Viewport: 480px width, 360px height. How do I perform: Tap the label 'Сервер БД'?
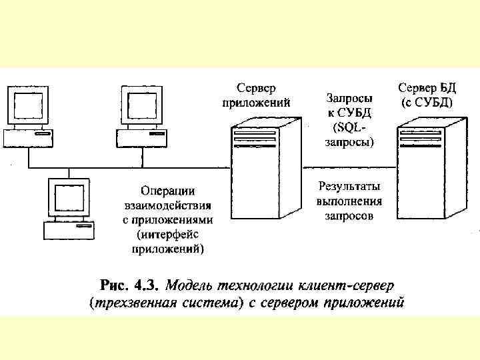pyautogui.click(x=427, y=87)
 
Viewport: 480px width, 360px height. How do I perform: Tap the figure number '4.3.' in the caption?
pyautogui.click(x=145, y=286)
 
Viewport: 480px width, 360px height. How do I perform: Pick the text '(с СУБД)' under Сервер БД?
pyautogui.click(x=427, y=103)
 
